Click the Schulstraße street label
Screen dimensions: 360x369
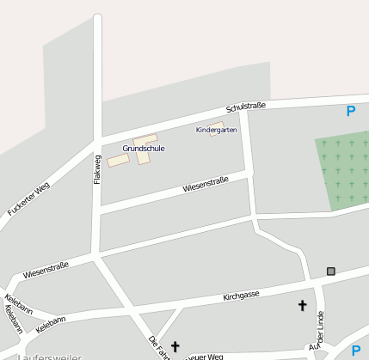coord(245,107)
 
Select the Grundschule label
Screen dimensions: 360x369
coord(144,149)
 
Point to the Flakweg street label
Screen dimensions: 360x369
coord(97,169)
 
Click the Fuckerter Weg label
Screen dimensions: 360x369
coord(29,199)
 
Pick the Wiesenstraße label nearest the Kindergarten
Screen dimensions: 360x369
coord(205,183)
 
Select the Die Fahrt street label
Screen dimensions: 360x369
coord(157,347)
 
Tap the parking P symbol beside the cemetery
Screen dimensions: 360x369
coord(350,111)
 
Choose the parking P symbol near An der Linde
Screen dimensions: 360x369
coord(356,350)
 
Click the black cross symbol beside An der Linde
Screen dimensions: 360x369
coord(302,305)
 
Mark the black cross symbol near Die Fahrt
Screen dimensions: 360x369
coord(175,346)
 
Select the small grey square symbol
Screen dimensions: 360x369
coord(330,272)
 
